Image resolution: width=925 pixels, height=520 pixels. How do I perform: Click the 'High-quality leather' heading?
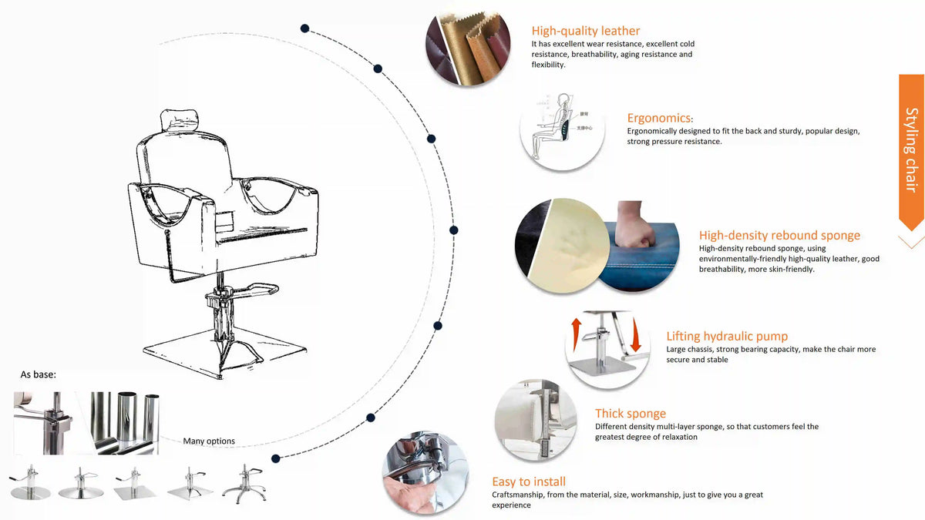pyautogui.click(x=585, y=31)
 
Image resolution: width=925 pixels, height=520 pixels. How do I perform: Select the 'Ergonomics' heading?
pyautogui.click(x=658, y=118)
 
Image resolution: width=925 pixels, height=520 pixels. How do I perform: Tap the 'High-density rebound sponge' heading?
pyautogui.click(x=779, y=235)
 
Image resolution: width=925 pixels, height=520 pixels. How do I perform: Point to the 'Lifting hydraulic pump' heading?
pyautogui.click(x=727, y=336)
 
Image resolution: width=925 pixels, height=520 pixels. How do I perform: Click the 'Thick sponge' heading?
pyautogui.click(x=631, y=413)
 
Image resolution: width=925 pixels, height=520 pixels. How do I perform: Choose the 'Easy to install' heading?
pyautogui.click(x=529, y=481)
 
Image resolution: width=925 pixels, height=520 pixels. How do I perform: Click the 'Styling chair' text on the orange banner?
pyautogui.click(x=911, y=149)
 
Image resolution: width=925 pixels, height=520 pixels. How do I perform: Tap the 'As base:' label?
pyautogui.click(x=38, y=374)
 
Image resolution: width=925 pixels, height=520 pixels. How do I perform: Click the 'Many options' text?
pyautogui.click(x=209, y=441)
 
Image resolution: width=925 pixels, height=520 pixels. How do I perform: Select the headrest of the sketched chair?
pyautogui.click(x=180, y=120)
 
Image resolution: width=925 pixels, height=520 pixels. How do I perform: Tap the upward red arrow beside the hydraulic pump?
pyautogui.click(x=576, y=334)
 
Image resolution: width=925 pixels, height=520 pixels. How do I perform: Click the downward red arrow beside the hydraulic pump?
pyautogui.click(x=635, y=335)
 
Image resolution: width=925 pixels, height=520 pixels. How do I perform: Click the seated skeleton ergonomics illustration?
pyautogui.click(x=554, y=126)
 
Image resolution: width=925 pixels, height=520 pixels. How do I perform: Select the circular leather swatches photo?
pyautogui.click(x=468, y=49)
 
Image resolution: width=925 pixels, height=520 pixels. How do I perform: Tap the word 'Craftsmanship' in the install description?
pyautogui.click(x=518, y=495)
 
